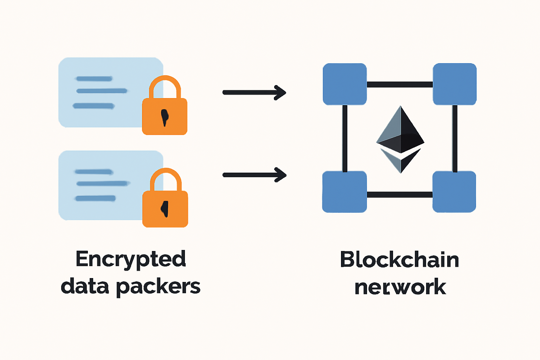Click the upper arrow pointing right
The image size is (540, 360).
(x=254, y=92)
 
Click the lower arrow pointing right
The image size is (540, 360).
(x=254, y=175)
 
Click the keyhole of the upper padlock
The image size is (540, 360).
(x=164, y=117)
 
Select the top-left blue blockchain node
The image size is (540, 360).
(x=345, y=84)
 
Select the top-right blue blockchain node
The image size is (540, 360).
(x=455, y=84)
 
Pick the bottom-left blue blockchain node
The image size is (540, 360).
(x=345, y=192)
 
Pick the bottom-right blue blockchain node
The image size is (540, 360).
(x=454, y=192)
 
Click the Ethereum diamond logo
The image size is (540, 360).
(x=400, y=139)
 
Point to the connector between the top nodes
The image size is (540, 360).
(x=400, y=84)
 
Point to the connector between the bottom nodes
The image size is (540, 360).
(x=400, y=194)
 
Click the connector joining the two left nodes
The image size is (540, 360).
(x=345, y=138)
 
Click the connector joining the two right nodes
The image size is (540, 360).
(x=455, y=138)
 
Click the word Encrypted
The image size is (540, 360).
(x=130, y=260)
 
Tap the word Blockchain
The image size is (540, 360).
(x=400, y=260)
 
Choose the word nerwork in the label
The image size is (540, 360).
(x=400, y=287)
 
